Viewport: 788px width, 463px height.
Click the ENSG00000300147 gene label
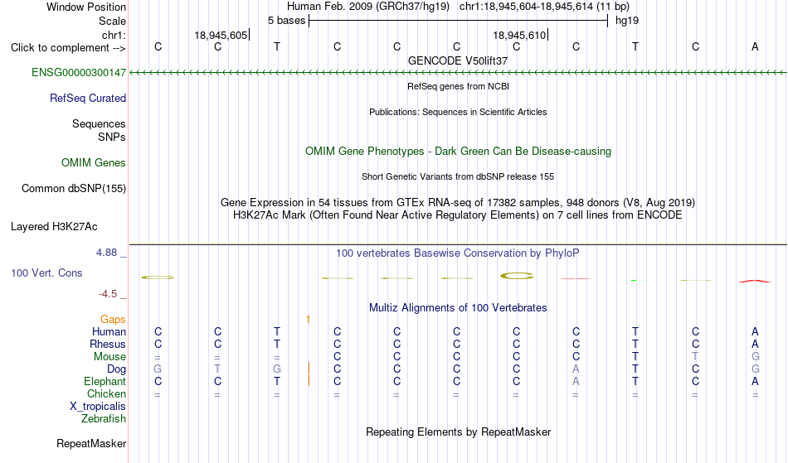tap(79, 73)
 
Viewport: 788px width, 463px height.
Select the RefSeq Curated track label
tap(88, 99)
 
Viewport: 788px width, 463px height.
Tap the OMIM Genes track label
tap(94, 163)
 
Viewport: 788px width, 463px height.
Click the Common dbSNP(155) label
tap(74, 189)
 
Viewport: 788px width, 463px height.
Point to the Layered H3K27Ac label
tap(54, 227)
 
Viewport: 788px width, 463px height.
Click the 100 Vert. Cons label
tap(46, 272)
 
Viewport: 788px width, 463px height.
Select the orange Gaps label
tap(113, 320)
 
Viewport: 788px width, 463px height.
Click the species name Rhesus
tap(108, 344)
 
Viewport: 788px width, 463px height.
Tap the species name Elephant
tap(105, 382)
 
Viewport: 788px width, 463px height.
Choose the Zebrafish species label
tap(104, 419)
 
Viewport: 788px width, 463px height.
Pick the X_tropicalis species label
tap(98, 407)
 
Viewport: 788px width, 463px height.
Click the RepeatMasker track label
tap(91, 443)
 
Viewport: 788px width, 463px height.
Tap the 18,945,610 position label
tap(519, 35)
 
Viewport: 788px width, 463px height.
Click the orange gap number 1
tap(308, 320)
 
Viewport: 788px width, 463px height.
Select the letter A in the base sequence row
tap(755, 46)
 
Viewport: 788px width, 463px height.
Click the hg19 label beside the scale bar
tap(627, 21)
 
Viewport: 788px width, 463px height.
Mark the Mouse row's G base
tap(756, 357)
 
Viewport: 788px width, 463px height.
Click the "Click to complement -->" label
tap(68, 48)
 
